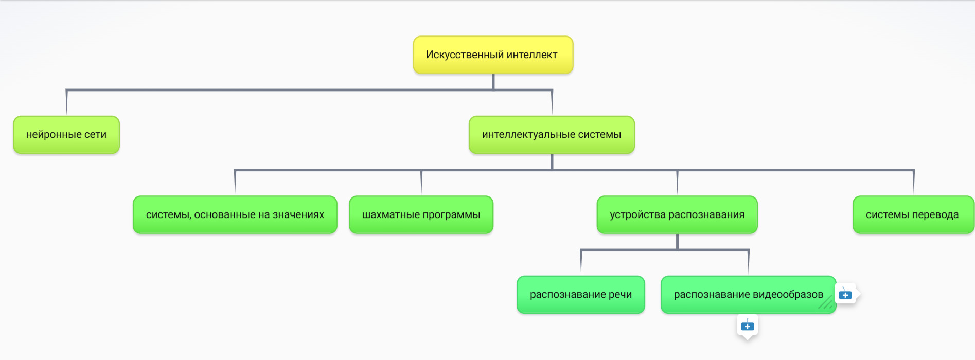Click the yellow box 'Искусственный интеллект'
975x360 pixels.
(x=493, y=55)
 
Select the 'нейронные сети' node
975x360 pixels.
(x=66, y=135)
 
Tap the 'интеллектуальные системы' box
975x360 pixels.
(x=552, y=135)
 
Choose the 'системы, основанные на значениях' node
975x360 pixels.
(x=235, y=215)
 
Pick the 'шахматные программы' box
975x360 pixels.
(x=421, y=215)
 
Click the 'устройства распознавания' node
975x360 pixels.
(x=677, y=215)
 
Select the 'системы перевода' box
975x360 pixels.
(x=912, y=215)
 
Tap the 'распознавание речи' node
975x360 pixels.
(x=580, y=295)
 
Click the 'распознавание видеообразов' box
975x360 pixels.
(x=748, y=295)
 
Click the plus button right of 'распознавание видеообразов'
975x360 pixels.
(x=845, y=295)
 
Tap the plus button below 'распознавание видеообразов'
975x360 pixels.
(x=748, y=326)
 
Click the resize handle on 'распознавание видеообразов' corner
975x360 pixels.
(x=826, y=304)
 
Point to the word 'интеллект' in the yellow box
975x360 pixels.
(x=532, y=55)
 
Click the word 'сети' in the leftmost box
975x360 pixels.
(x=95, y=135)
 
